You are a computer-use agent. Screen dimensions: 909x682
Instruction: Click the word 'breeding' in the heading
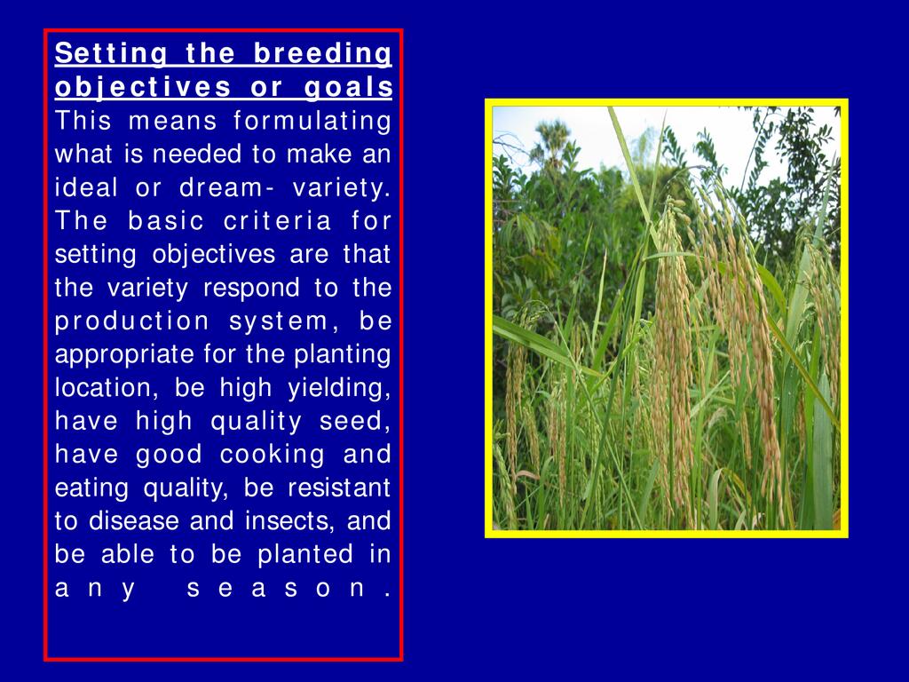click(x=322, y=54)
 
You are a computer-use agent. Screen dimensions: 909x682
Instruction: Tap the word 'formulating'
click(x=312, y=122)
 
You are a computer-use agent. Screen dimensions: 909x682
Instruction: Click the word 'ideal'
click(x=86, y=187)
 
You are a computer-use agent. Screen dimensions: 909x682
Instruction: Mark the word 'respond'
click(x=251, y=289)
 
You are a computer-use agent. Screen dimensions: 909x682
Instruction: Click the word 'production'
click(x=132, y=321)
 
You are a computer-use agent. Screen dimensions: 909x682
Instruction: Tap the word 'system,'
click(x=285, y=322)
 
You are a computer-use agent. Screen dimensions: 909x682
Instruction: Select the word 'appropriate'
click(x=124, y=355)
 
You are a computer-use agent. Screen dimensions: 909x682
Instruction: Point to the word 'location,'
click(x=107, y=387)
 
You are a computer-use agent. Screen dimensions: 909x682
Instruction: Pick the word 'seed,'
click(x=355, y=422)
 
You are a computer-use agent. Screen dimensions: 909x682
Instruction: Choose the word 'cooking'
click(x=272, y=456)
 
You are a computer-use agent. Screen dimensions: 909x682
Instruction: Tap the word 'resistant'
click(x=339, y=488)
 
